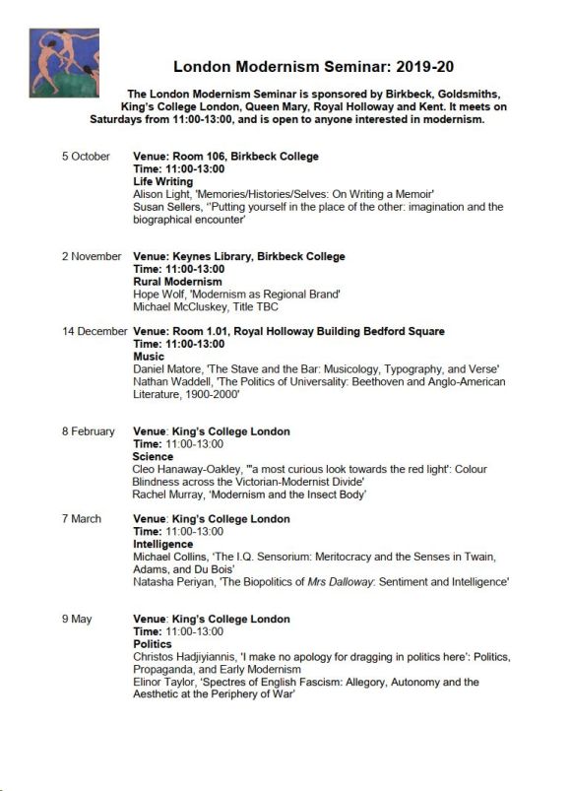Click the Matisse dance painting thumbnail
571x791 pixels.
coord(64,63)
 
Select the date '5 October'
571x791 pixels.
coord(86,157)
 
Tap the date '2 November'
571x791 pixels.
coord(91,257)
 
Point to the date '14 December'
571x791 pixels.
coord(95,332)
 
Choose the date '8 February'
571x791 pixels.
coord(89,432)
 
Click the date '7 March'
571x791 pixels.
coord(81,519)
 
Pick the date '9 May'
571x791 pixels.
coord(76,620)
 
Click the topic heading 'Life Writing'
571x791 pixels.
coord(163,182)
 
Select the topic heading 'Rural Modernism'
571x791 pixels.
coord(177,282)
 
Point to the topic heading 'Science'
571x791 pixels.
coord(153,457)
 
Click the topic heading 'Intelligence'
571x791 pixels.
coord(163,545)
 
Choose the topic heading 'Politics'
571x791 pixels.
coord(153,644)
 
